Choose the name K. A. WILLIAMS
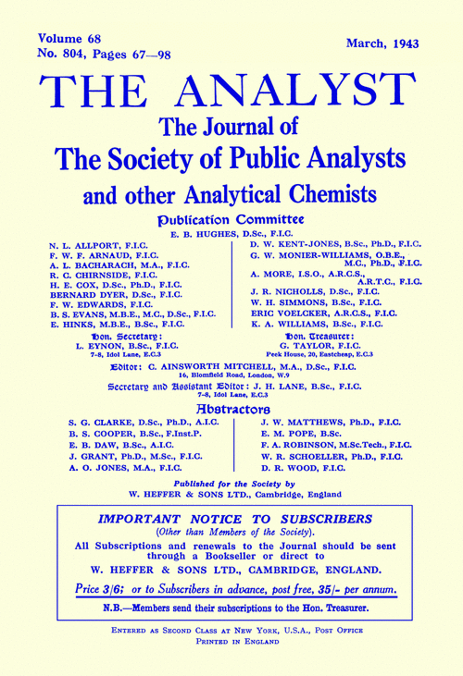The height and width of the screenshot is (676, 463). (x=286, y=326)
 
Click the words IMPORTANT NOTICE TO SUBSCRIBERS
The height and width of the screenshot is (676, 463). (x=231, y=522)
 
